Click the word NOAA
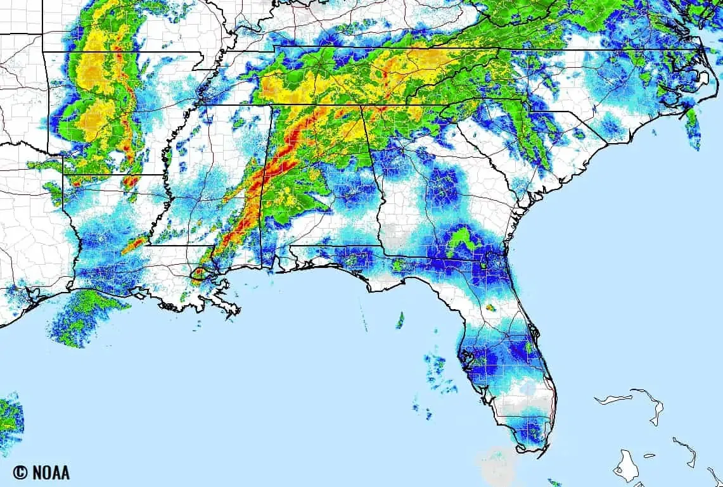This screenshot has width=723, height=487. click(x=49, y=472)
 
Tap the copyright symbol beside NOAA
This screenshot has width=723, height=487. click(x=21, y=472)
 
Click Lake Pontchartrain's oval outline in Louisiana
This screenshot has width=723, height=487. click(x=200, y=274)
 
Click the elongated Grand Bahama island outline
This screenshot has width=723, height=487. click(x=613, y=399)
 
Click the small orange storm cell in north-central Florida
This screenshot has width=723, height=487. click(x=490, y=308)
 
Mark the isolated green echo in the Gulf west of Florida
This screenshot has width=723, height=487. click(x=400, y=320)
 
